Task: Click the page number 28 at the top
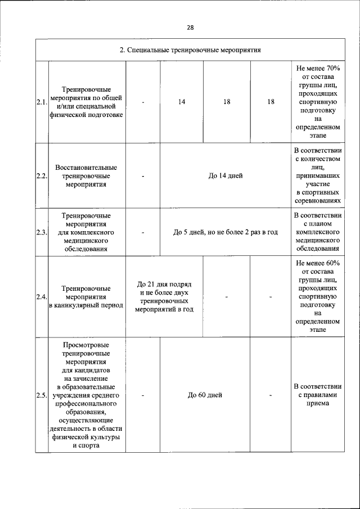[x=190, y=27]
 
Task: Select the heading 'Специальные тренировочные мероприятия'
[x=190, y=50]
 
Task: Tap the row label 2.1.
[x=41, y=102]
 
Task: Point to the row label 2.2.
[x=41, y=176]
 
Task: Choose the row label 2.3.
[x=41, y=232]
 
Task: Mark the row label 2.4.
[x=41, y=297]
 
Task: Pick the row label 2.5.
[x=41, y=395]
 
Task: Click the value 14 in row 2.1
[x=182, y=102]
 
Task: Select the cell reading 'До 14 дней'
[x=225, y=176]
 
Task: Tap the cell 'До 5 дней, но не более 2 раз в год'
[x=225, y=232]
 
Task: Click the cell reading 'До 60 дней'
[x=205, y=395]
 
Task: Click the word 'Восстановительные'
[x=86, y=168]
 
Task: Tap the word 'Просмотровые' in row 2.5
[x=86, y=345]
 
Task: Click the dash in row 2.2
[x=143, y=176]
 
